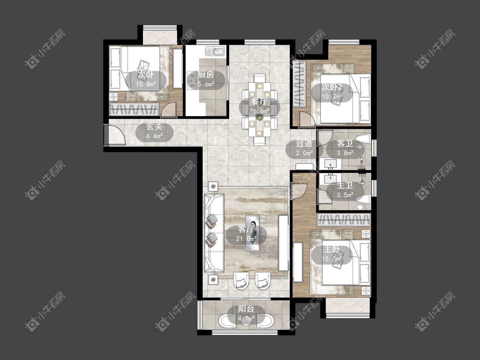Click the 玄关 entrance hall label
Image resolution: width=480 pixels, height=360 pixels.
point(154,127)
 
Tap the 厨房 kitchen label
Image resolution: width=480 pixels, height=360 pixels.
point(206,75)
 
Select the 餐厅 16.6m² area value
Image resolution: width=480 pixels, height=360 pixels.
point(259,111)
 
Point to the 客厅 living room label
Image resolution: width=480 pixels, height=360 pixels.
point(246,229)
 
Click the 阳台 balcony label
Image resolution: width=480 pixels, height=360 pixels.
point(246,309)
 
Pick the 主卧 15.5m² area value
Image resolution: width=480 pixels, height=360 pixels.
point(332,259)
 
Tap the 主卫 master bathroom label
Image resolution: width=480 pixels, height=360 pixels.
point(345,186)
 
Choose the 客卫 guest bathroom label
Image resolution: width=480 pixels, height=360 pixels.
point(345,144)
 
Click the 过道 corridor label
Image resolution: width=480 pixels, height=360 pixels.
point(304,144)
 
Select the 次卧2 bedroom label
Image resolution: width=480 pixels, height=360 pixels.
point(332,87)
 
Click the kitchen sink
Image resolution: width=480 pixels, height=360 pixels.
point(215,51)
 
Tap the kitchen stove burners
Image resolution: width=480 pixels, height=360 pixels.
point(192,80)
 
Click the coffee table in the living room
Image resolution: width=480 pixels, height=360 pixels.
point(253,232)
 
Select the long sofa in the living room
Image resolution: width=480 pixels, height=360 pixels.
point(214,232)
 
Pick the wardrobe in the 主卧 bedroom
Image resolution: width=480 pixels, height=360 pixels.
point(344,220)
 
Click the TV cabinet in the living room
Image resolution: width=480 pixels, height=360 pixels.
point(283,243)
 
